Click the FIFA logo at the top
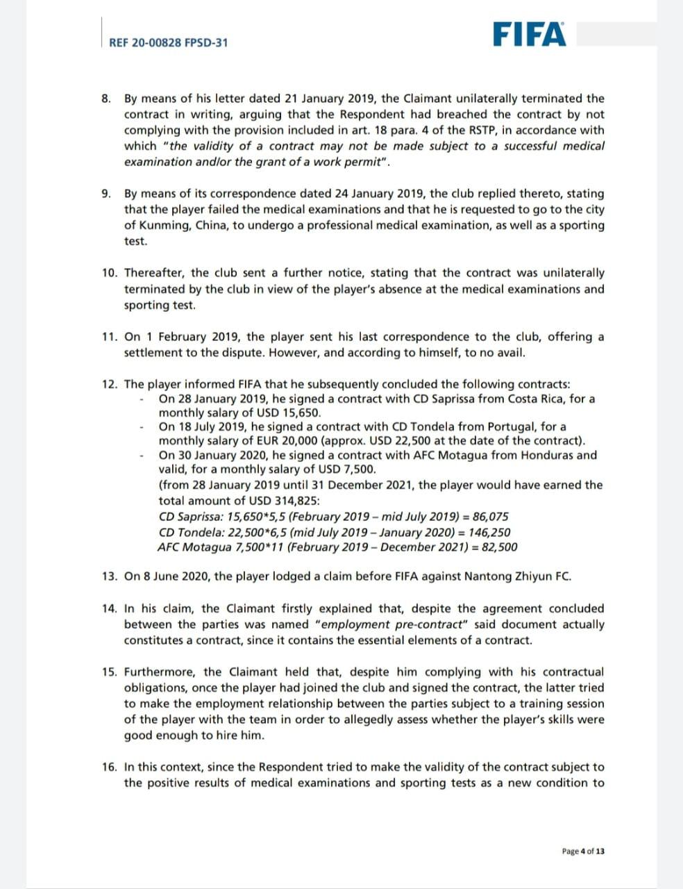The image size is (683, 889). (530, 34)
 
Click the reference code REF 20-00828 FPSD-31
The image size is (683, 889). (169, 42)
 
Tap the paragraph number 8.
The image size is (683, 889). (106, 99)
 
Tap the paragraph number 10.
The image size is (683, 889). (110, 273)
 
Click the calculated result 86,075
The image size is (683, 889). (490, 517)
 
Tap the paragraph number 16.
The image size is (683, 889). (110, 767)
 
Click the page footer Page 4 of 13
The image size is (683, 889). (583, 851)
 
